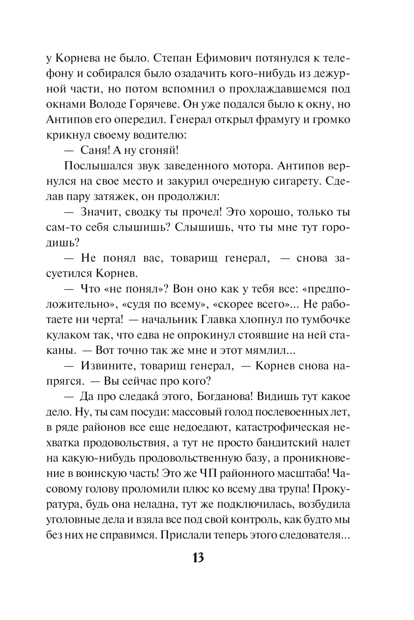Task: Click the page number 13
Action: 198,558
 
